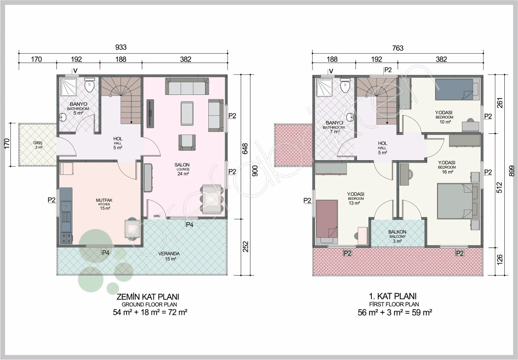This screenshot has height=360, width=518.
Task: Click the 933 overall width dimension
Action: click(x=121, y=47)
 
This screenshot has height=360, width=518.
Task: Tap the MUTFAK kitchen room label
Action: click(x=104, y=200)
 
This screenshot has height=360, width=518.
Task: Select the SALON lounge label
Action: click(x=182, y=165)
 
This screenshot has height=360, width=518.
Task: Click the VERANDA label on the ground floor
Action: click(x=169, y=253)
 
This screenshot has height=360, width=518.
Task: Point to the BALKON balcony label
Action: click(x=397, y=232)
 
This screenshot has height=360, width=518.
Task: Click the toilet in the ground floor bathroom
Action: click(x=89, y=85)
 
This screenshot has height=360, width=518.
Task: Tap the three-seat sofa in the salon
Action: click(x=187, y=86)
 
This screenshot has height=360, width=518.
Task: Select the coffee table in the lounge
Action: click(x=187, y=113)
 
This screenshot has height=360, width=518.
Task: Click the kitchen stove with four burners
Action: click(x=66, y=238)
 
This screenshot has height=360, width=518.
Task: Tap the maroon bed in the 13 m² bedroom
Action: click(x=327, y=219)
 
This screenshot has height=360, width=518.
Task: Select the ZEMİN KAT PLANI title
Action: click(x=148, y=297)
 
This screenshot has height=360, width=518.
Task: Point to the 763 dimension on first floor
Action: click(x=398, y=48)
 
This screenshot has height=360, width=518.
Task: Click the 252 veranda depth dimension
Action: click(x=246, y=247)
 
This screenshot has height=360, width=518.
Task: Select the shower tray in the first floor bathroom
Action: click(x=324, y=87)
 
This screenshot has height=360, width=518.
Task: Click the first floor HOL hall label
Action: click(x=383, y=143)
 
